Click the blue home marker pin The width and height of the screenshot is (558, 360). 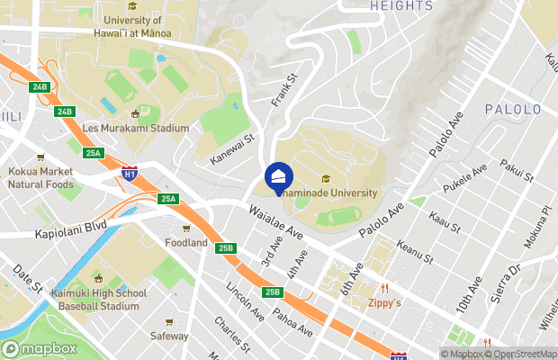(x=278, y=176)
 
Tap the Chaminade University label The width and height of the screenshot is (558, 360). (x=329, y=191)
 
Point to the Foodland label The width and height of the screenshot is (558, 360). (x=186, y=242)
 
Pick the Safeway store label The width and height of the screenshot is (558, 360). (x=170, y=336)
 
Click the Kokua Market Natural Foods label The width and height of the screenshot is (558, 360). (x=41, y=177)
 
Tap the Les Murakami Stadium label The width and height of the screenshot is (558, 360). (x=136, y=128)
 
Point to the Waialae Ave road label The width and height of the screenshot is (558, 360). (x=275, y=220)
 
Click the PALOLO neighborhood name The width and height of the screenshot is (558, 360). (x=513, y=110)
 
